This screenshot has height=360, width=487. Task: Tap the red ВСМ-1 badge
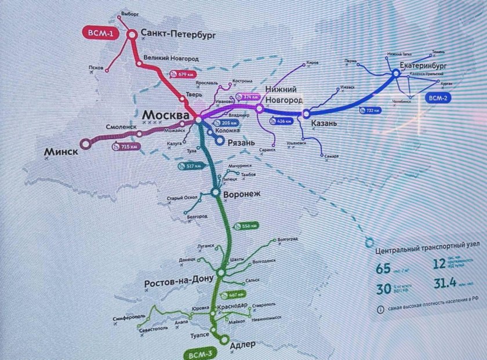pos(101,34)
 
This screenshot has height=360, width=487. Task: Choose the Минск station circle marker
pos(85,143)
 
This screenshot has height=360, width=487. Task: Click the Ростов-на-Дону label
pos(180,283)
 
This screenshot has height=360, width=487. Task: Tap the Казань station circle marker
pos(306,114)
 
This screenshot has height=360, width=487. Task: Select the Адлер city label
pos(243,344)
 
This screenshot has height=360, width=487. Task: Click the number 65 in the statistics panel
pos(383,268)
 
